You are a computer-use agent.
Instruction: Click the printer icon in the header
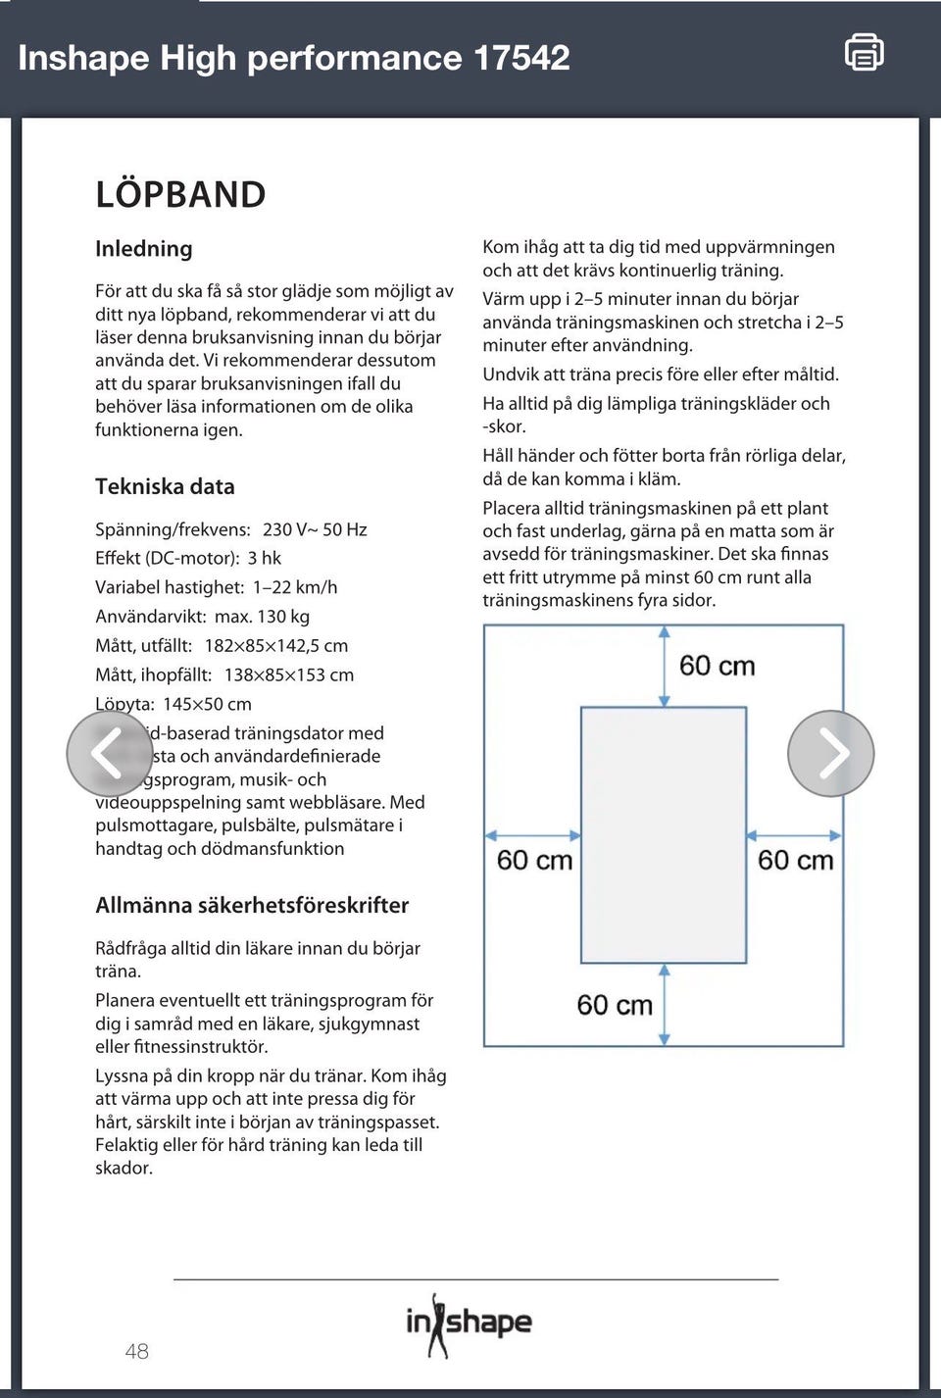tap(864, 52)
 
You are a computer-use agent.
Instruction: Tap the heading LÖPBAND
tap(180, 194)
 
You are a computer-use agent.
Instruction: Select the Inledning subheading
tap(144, 249)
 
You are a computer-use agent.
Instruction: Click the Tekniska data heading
tap(165, 486)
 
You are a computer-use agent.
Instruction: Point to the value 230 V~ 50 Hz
tap(315, 529)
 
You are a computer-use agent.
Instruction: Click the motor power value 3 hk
tap(265, 558)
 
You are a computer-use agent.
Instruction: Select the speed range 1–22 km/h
tap(295, 587)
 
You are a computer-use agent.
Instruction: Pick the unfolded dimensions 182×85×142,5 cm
tap(276, 646)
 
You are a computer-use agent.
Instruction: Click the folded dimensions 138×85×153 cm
tap(289, 674)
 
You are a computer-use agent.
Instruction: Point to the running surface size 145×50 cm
tap(207, 704)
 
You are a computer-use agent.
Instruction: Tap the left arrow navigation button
tap(109, 753)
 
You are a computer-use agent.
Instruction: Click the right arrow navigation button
tap(831, 753)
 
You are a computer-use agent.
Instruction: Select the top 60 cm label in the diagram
tap(718, 666)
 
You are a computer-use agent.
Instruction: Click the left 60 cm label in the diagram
tap(534, 860)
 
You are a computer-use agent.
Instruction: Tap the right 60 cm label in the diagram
tap(795, 860)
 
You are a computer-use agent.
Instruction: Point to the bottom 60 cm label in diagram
tap(615, 1005)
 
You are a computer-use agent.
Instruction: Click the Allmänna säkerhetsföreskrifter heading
tap(252, 905)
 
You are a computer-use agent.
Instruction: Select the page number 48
tap(137, 1351)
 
